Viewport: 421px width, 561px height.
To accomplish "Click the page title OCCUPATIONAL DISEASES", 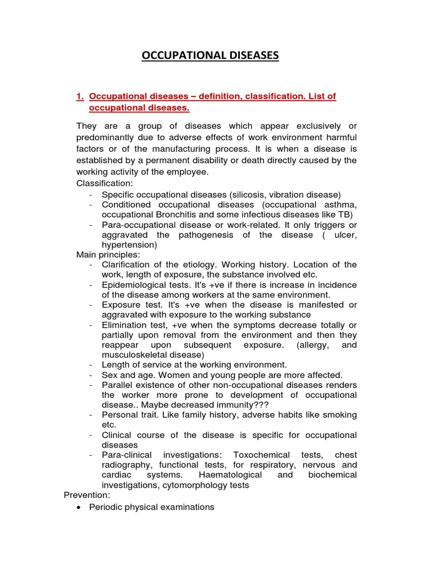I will pyautogui.click(x=210, y=55).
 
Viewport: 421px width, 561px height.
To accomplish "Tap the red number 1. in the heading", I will pyautogui.click(x=79, y=96).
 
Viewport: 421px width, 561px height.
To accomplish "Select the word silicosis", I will pyautogui.click(x=250, y=194).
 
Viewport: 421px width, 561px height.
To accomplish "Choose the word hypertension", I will pyautogui.click(x=129, y=245).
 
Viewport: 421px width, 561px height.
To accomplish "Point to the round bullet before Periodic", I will pyautogui.click(x=80, y=507).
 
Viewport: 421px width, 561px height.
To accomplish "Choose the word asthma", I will pyautogui.click(x=338, y=205).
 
